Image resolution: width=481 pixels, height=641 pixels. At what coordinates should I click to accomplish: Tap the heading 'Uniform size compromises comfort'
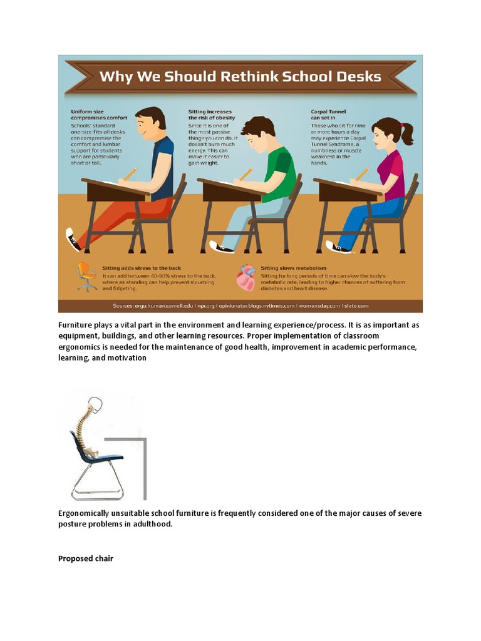[98, 115]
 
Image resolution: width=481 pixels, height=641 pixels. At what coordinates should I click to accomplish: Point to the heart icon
[246, 278]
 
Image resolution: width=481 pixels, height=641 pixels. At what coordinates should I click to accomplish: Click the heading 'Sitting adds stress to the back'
[138, 268]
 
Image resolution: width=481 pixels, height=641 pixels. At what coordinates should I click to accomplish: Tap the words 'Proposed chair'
[86, 558]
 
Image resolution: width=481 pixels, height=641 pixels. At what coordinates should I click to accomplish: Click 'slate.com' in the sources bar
[356, 305]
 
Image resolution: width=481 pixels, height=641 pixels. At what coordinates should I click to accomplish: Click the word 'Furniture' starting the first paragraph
[78, 325]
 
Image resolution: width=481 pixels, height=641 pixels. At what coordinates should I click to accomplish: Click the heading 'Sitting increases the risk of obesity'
[210, 115]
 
